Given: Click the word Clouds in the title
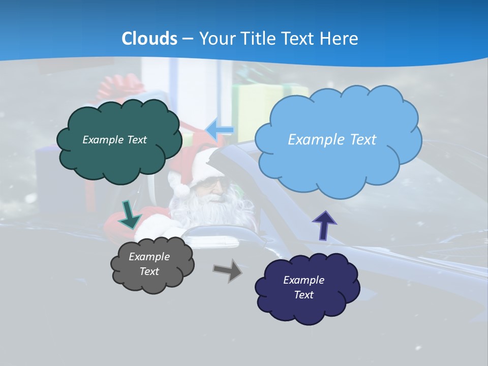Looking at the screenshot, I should [149, 39].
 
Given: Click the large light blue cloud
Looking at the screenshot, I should [335, 163].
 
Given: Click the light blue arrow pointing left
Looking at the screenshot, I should [220, 130].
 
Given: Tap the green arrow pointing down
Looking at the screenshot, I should [130, 214].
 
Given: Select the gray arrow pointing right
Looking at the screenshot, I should [228, 270].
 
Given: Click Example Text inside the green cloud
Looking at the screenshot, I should [114, 139].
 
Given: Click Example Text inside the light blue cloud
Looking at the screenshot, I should [332, 139].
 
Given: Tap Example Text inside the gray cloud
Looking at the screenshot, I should [149, 264].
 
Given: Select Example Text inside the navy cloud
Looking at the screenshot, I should [303, 287].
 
